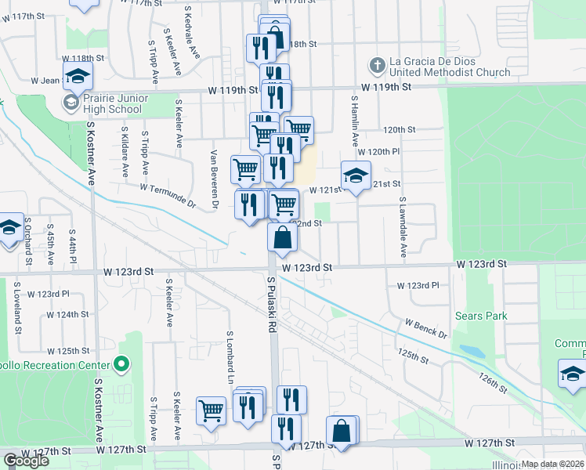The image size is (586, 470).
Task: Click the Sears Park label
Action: click(481, 316)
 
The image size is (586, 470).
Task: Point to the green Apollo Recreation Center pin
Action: click(121, 364)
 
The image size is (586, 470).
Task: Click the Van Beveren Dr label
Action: click(213, 179)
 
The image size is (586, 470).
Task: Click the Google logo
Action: click(26, 461)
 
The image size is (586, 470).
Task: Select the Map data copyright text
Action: click(552, 464)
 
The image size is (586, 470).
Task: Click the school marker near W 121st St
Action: click(356, 176)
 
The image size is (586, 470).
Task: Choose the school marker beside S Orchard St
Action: click(9, 230)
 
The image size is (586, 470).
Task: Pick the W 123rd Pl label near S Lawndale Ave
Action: click(418, 286)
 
